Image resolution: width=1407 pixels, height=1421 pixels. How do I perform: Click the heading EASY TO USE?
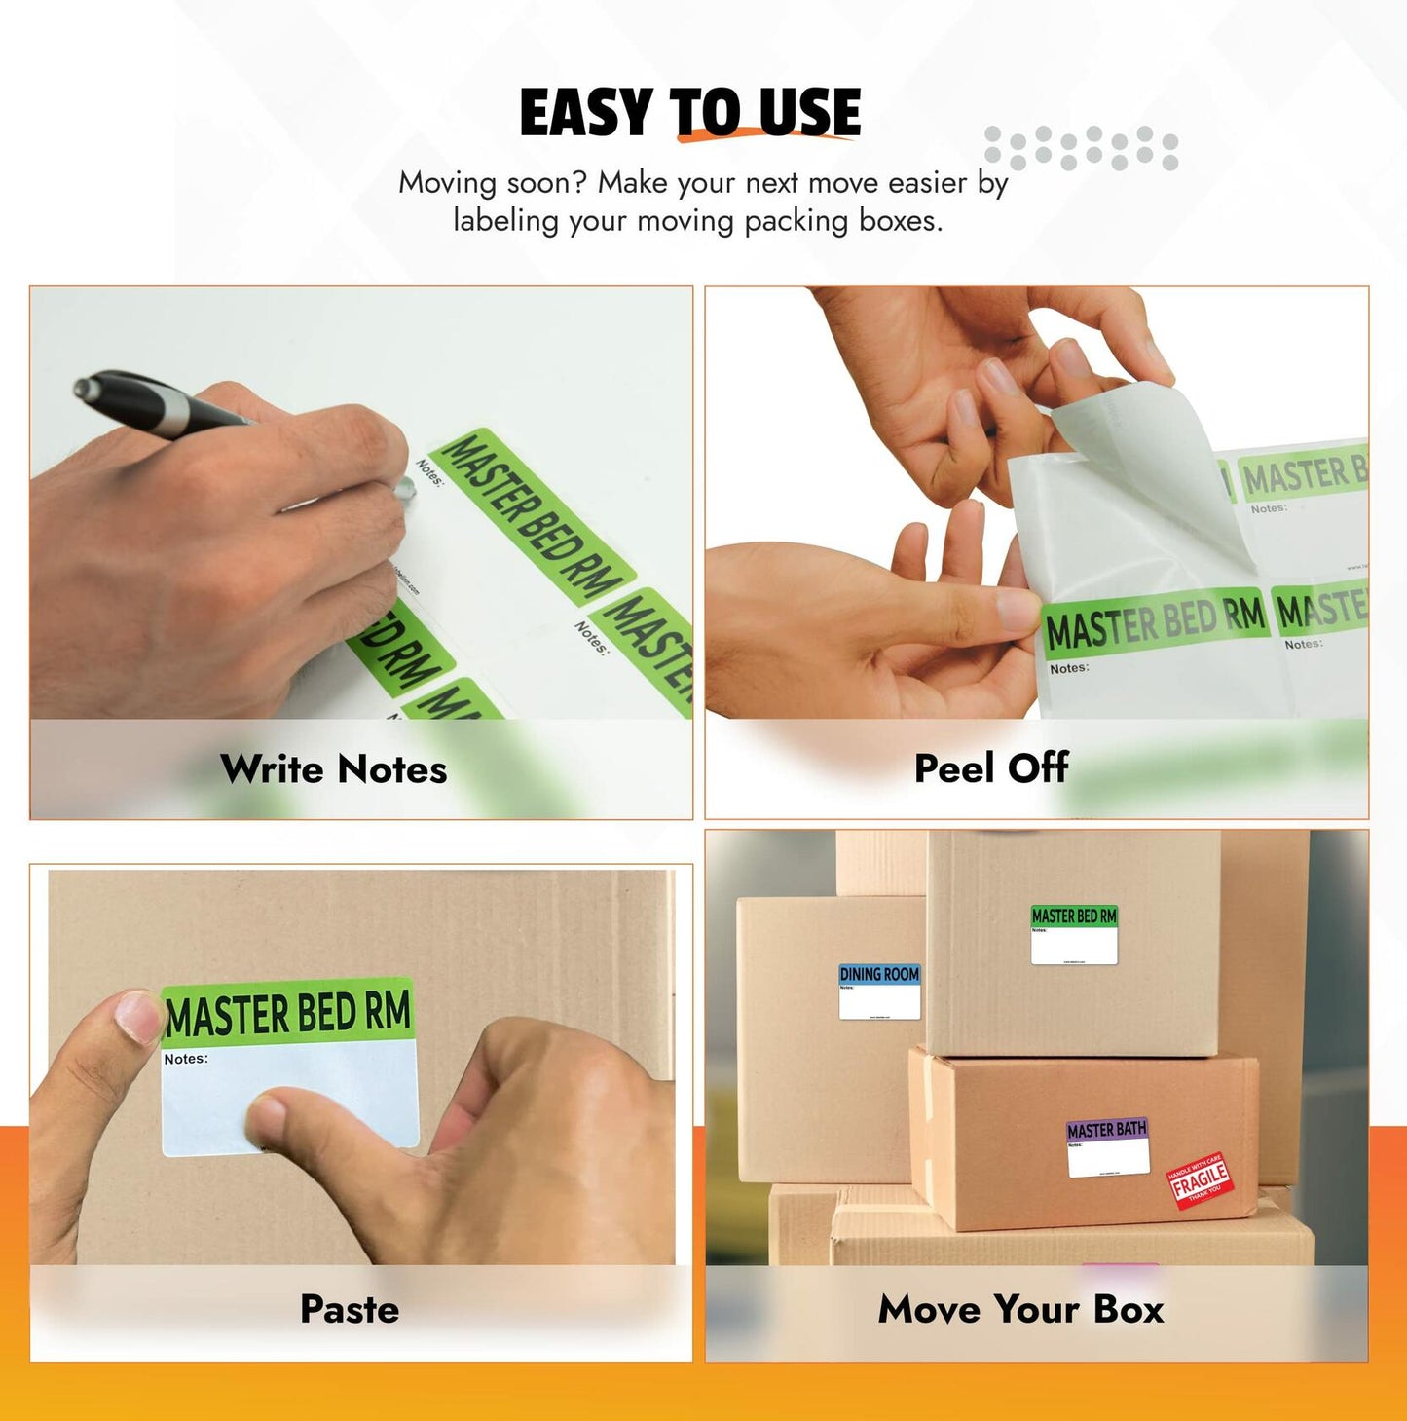(689, 112)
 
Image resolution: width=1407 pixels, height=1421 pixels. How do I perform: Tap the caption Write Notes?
(333, 769)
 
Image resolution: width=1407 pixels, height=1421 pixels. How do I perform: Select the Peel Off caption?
(991, 768)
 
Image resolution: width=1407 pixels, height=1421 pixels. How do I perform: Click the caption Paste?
(350, 1309)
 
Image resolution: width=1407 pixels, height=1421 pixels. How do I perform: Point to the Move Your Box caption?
(1020, 1309)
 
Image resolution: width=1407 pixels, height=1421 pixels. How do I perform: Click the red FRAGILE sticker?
(1200, 1181)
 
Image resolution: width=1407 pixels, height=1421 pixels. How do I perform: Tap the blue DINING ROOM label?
(879, 991)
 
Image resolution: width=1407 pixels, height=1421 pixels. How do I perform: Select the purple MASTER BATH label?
(1107, 1145)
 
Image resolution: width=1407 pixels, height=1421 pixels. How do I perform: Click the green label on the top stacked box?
(1074, 933)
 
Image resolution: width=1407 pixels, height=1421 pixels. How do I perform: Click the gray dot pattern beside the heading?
(1081, 148)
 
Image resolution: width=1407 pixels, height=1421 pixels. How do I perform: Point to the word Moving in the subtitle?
(447, 182)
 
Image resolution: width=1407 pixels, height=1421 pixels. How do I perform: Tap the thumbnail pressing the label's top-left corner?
(136, 1016)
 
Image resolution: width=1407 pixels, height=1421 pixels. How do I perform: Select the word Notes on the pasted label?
(185, 1059)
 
